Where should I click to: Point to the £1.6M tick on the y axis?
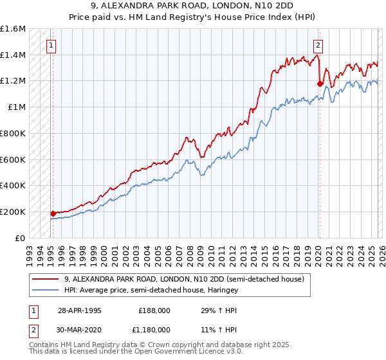[x=13, y=29]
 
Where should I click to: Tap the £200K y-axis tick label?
[x=13, y=212]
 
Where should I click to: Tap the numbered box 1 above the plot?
[x=51, y=45]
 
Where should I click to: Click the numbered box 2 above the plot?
[x=318, y=45]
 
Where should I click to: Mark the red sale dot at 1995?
[x=53, y=213]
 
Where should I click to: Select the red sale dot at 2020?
[x=320, y=83]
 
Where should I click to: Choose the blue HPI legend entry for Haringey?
[x=151, y=290]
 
